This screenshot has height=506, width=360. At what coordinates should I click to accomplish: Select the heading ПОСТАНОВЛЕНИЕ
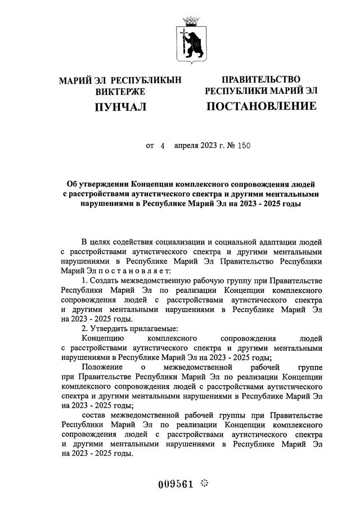click(262, 106)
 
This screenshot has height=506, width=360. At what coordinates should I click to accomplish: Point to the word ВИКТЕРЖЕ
click(120, 91)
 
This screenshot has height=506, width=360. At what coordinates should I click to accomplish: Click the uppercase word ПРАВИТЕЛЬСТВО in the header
click(261, 79)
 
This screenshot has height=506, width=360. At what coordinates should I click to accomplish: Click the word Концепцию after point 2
click(103, 338)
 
